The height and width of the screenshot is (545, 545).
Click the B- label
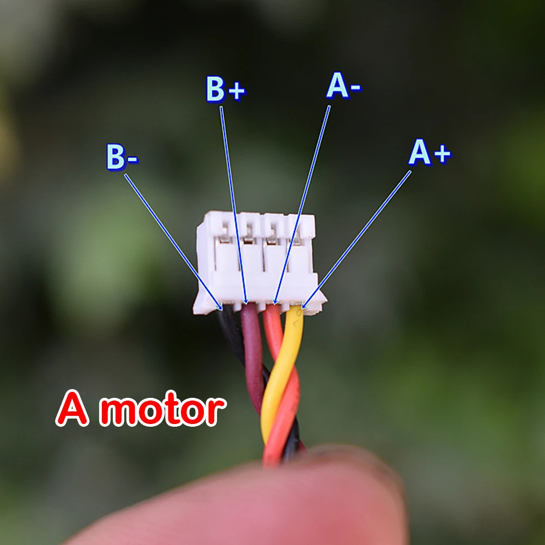(x=122, y=157)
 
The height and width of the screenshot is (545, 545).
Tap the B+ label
(x=225, y=90)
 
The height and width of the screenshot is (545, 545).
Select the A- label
(x=343, y=87)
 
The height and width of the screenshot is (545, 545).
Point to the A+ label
(x=429, y=153)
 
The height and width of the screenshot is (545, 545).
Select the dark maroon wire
(x=252, y=354)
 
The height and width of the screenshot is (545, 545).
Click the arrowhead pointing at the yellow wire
(x=305, y=306)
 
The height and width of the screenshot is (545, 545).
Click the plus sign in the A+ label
(x=441, y=155)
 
